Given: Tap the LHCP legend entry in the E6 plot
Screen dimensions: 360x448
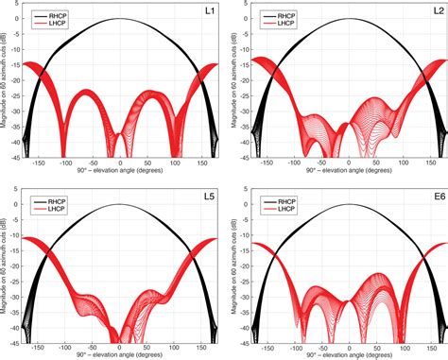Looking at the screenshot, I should click(x=284, y=211).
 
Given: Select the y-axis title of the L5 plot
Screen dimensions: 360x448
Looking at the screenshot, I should click(x=5, y=273).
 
